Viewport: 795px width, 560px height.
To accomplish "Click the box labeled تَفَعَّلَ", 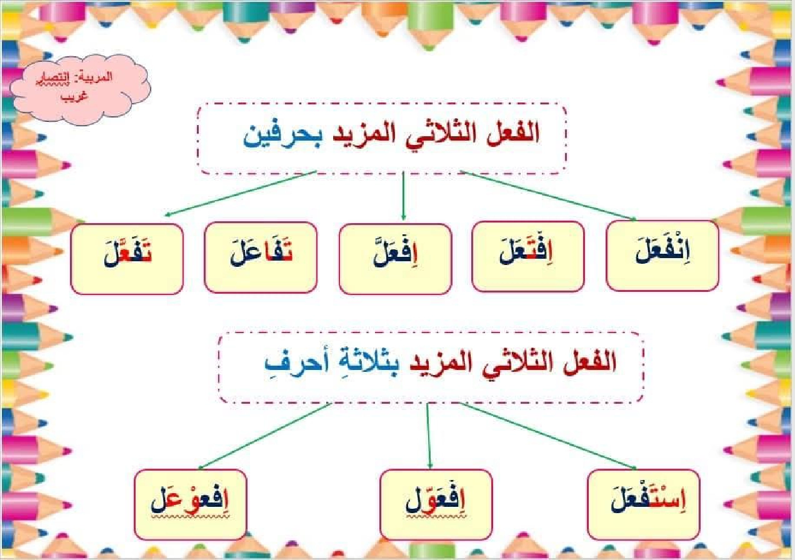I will (x=127, y=258).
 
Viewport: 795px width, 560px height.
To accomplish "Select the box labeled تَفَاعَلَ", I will (x=261, y=257).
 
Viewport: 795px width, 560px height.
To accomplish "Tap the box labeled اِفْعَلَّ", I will (x=395, y=258).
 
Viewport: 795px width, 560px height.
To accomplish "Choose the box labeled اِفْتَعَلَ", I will (x=528, y=256).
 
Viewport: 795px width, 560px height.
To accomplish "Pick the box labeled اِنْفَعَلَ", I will (x=662, y=256).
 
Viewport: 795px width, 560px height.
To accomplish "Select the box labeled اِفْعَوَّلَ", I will (x=436, y=504).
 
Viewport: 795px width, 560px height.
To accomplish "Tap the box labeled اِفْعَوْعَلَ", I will (x=191, y=504).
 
